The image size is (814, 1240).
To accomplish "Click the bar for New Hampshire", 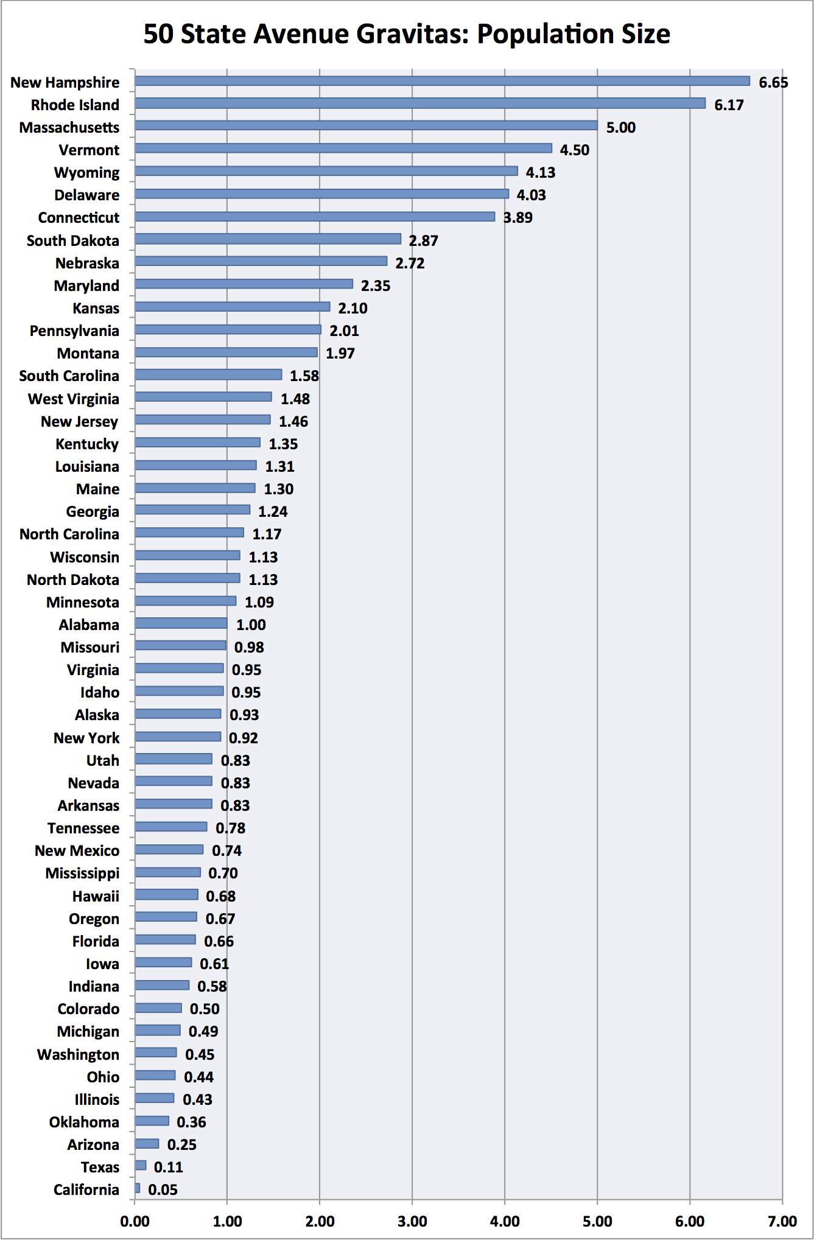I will coord(442,81).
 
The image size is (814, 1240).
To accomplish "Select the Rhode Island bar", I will coord(420,103).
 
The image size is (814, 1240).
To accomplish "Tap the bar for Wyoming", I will coord(326,171).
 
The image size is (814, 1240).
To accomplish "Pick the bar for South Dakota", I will coord(268,239).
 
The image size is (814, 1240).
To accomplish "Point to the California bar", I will coord(138,1188).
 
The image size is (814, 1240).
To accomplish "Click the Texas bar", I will coord(141,1165).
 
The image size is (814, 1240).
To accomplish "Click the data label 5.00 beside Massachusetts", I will coord(620,127).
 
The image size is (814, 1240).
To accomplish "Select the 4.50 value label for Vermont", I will coord(574,150).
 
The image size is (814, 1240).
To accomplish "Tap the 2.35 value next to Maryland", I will coord(375,285).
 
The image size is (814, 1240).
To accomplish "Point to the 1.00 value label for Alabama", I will coord(251,625).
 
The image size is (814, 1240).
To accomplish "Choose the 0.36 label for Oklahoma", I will coord(191,1122).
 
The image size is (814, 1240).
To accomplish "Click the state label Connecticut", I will coord(79,217).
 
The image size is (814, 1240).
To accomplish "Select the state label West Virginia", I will coord(73,399).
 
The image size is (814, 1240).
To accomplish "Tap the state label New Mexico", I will coord(77,850).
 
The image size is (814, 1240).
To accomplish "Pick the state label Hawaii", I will coord(96,896).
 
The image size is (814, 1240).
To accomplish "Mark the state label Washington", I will coord(78,1054).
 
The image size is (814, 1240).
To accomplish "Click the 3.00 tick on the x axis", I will coord(412,1221).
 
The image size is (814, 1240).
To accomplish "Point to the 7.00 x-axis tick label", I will coord(782,1221).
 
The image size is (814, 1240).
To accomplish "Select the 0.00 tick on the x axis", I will coord(135,1221).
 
